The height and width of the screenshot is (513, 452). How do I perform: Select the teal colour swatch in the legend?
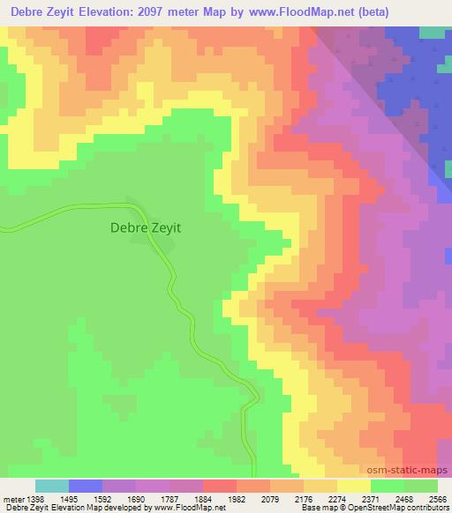(x=51, y=486)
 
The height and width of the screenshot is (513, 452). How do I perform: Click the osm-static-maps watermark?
(x=408, y=471)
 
